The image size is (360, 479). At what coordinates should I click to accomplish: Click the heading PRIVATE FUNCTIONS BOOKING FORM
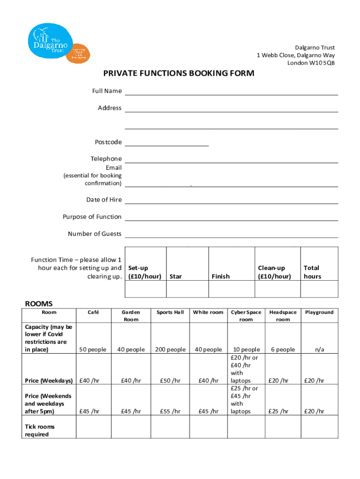tap(179, 73)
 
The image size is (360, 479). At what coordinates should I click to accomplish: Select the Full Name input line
tap(231, 91)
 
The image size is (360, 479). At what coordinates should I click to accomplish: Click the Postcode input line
tap(166, 142)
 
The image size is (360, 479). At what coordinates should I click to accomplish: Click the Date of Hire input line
tap(231, 200)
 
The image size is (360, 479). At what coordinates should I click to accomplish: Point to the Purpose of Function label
tap(92, 217)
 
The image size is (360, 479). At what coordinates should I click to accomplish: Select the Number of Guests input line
tap(231, 234)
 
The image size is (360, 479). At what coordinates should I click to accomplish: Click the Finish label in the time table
tap(220, 276)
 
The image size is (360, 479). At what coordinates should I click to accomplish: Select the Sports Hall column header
tap(170, 312)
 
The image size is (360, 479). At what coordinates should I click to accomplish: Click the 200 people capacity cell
tap(170, 349)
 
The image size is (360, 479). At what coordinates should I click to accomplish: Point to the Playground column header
tap(319, 312)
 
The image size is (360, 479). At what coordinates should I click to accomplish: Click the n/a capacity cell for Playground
tap(319, 349)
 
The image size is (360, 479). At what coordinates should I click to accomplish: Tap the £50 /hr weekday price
tap(170, 381)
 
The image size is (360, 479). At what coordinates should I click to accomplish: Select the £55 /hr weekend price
tap(170, 412)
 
